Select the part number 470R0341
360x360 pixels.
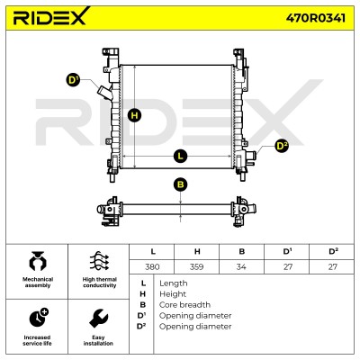(x=316, y=18)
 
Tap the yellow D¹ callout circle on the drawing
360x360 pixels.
(x=73, y=80)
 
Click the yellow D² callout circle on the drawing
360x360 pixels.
(x=282, y=146)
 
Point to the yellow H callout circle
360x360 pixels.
(x=134, y=115)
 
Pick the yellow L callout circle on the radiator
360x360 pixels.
(x=180, y=156)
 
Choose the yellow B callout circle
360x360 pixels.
(x=180, y=184)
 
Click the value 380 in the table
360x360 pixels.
(x=152, y=266)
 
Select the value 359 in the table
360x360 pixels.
(x=197, y=266)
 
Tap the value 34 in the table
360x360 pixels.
(x=241, y=266)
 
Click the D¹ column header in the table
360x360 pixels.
(x=287, y=251)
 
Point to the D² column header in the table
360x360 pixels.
(x=333, y=251)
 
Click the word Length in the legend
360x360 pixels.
(x=174, y=283)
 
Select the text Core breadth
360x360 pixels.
(x=184, y=305)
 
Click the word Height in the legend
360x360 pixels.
(x=173, y=294)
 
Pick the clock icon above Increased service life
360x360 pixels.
(x=39, y=317)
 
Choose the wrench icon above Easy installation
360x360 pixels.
(x=98, y=318)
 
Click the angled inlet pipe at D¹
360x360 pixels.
(x=104, y=92)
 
